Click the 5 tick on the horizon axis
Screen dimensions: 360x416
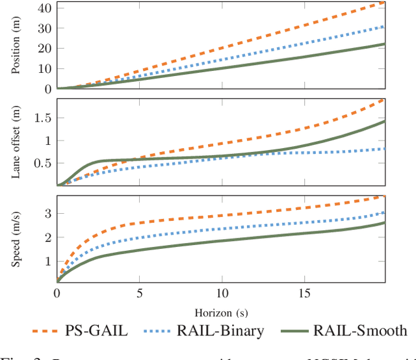pos(139,292)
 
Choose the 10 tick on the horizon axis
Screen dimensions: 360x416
pos(221,292)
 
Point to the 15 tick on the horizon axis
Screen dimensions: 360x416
pos(303,292)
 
